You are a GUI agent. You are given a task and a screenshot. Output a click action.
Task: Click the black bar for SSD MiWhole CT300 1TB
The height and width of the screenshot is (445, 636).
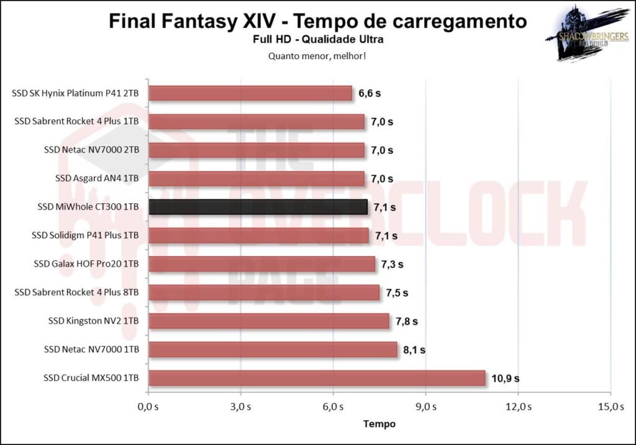pos(258,207)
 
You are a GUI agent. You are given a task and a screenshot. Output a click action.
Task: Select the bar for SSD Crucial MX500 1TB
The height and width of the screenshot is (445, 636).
pos(317,378)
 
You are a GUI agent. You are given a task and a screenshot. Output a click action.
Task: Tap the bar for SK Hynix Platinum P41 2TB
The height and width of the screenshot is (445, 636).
pos(250,93)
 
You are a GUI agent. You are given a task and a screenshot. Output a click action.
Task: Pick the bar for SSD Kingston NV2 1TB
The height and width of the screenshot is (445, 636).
pos(269,321)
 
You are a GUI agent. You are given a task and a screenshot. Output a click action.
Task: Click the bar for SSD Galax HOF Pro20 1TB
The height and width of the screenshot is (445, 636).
pos(261,264)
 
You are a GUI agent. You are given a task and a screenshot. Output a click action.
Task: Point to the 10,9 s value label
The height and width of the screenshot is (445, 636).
pos(507,378)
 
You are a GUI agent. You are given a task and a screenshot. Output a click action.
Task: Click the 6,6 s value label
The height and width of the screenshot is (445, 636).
pos(370,93)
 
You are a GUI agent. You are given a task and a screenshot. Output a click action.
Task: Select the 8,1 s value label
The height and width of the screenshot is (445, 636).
pos(414,350)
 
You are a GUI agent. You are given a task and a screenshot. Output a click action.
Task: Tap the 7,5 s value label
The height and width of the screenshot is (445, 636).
pos(396,293)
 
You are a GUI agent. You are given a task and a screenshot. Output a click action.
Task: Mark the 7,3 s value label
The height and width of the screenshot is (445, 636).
pos(392,264)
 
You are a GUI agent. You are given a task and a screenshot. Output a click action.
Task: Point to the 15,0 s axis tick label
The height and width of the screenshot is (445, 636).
pos(610,407)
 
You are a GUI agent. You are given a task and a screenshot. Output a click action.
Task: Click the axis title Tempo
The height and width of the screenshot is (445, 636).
pos(379,424)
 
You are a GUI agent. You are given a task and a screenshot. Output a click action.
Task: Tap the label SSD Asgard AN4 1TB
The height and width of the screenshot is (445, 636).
pos(97,178)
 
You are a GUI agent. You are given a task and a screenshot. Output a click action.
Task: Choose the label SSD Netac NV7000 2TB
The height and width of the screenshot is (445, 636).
pos(92,150)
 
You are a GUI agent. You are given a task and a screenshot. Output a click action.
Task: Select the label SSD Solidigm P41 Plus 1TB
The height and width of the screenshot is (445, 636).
pos(85,236)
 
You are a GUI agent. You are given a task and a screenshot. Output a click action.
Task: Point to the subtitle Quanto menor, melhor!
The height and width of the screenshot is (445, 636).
pos(317,55)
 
